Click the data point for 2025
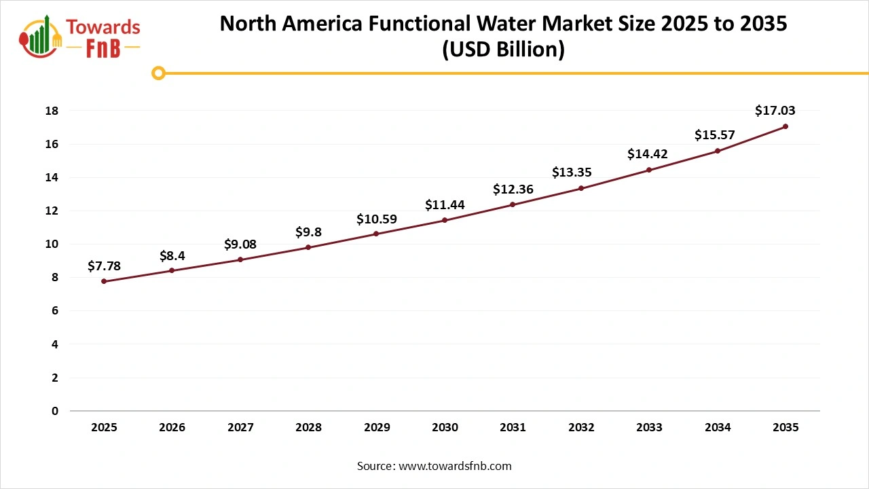tap(104, 281)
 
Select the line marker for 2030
tap(445, 220)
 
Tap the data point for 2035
tap(785, 126)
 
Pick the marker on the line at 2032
tap(581, 188)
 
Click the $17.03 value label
tap(775, 111)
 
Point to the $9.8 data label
tap(308, 232)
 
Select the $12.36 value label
tap(513, 189)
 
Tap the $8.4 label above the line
tap(172, 255)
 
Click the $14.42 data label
tap(648, 154)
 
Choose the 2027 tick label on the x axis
tap(240, 428)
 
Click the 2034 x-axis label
tap(718, 428)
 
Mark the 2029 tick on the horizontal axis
tap(377, 428)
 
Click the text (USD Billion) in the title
tap(503, 50)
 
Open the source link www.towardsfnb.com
tap(454, 466)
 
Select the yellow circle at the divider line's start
tap(158, 73)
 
